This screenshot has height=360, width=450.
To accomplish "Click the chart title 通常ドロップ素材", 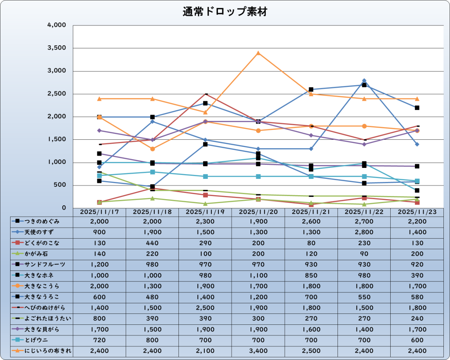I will pos(225,12).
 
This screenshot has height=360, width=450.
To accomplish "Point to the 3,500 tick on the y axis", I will pos(57,48).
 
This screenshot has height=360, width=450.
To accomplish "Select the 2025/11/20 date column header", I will pos(258,212).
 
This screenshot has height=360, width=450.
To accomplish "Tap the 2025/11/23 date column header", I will pos(417,212).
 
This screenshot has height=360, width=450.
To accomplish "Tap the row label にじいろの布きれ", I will pos(42,351).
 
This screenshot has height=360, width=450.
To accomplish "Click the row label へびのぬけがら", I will pos(42,308).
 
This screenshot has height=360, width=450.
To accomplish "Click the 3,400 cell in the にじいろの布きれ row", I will pos(258,351).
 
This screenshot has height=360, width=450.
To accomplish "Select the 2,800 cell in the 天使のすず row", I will pos(364,232).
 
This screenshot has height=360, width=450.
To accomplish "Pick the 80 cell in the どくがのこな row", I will pos(311,243).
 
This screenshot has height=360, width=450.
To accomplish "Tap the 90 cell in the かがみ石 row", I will pos(364,254).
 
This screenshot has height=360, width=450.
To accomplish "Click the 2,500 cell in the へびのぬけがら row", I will pos(205,308).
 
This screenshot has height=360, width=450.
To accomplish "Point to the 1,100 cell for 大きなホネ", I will pos(258,275).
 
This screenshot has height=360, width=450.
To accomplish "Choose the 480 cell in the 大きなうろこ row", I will pos(152,297).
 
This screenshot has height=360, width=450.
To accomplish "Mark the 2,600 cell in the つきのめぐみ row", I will pos(311,222).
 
